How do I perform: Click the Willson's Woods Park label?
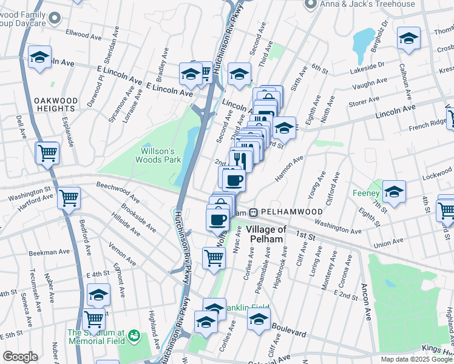point(161,155)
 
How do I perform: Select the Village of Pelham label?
point(266,234)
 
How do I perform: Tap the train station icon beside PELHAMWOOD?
point(254,212)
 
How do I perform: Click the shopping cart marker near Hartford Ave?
point(69,197)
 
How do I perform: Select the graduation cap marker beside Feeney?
point(394,192)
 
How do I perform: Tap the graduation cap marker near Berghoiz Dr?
point(408,38)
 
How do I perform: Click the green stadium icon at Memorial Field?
point(134,335)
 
